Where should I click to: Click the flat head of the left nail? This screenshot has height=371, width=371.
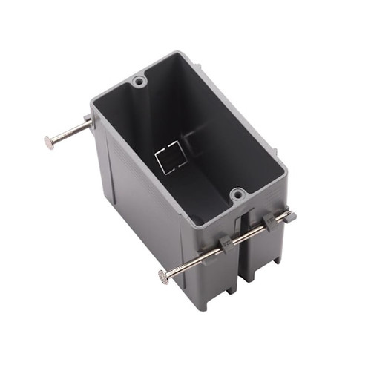[49, 142]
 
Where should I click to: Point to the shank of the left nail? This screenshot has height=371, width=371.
[70, 134]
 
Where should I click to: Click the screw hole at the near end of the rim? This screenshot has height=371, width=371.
[237, 195]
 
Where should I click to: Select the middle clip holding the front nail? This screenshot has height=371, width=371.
[266, 223]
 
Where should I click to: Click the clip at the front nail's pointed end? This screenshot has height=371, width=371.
[288, 216]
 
